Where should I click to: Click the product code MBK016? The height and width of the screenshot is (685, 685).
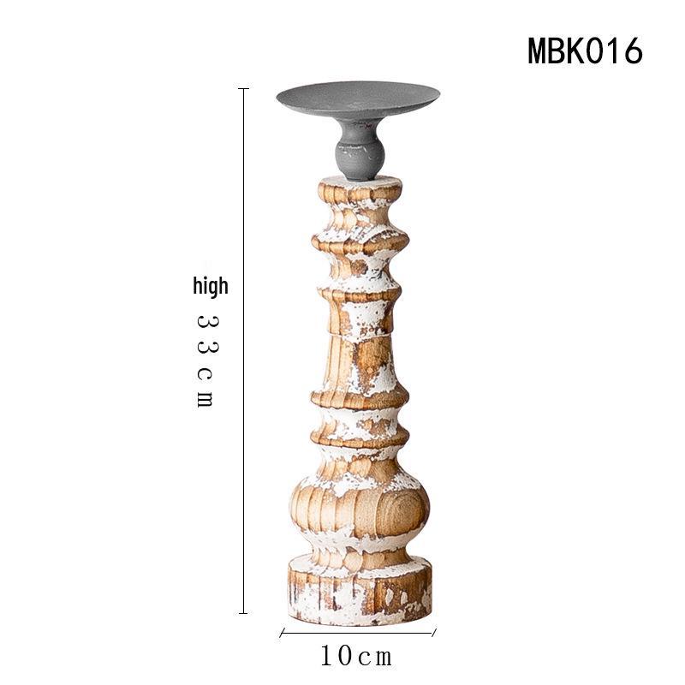[x=585, y=51]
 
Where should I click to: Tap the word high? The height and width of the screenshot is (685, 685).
[x=211, y=287]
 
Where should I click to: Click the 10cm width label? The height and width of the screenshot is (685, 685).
[x=356, y=656]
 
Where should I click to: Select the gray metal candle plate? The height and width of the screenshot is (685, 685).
[x=358, y=100]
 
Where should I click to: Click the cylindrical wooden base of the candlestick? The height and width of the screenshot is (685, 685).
[x=360, y=590]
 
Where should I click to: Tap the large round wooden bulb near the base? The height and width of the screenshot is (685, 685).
[x=360, y=507]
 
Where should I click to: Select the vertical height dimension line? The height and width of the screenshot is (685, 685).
[x=243, y=351]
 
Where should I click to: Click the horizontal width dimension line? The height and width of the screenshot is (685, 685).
[x=358, y=633]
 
